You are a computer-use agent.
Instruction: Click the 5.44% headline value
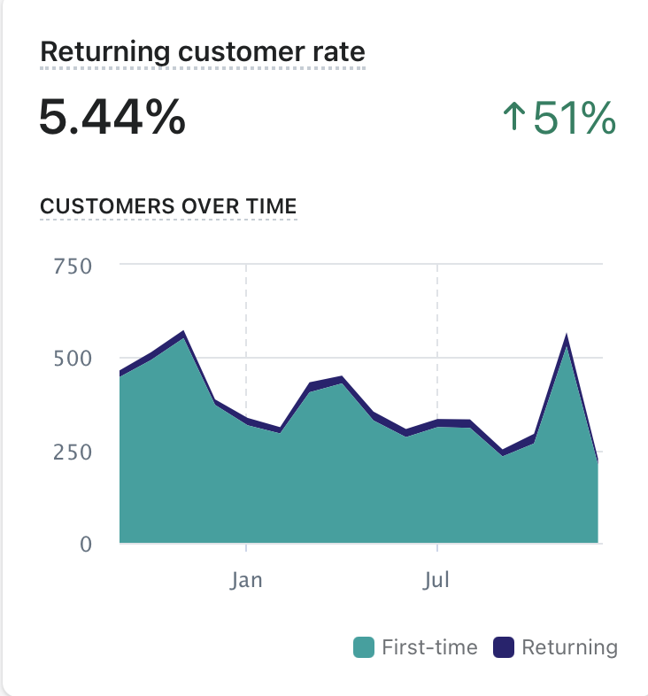[x=112, y=118]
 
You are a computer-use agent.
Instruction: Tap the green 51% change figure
[x=574, y=119]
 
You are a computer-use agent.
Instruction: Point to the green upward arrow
[x=513, y=119]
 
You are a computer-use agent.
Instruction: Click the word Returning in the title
[x=104, y=51]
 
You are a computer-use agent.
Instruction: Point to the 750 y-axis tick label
[x=73, y=265]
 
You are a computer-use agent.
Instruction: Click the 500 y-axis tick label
[x=73, y=358]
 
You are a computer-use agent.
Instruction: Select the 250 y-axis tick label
[x=73, y=451]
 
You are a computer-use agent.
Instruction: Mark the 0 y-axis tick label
[x=85, y=544]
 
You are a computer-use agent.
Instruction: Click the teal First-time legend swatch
[x=364, y=647]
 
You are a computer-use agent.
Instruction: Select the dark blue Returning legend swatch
[x=504, y=647]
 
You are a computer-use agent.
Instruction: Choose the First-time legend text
[x=429, y=647]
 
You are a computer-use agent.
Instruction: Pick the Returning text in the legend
[x=569, y=647]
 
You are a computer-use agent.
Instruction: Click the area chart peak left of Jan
[x=183, y=334]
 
